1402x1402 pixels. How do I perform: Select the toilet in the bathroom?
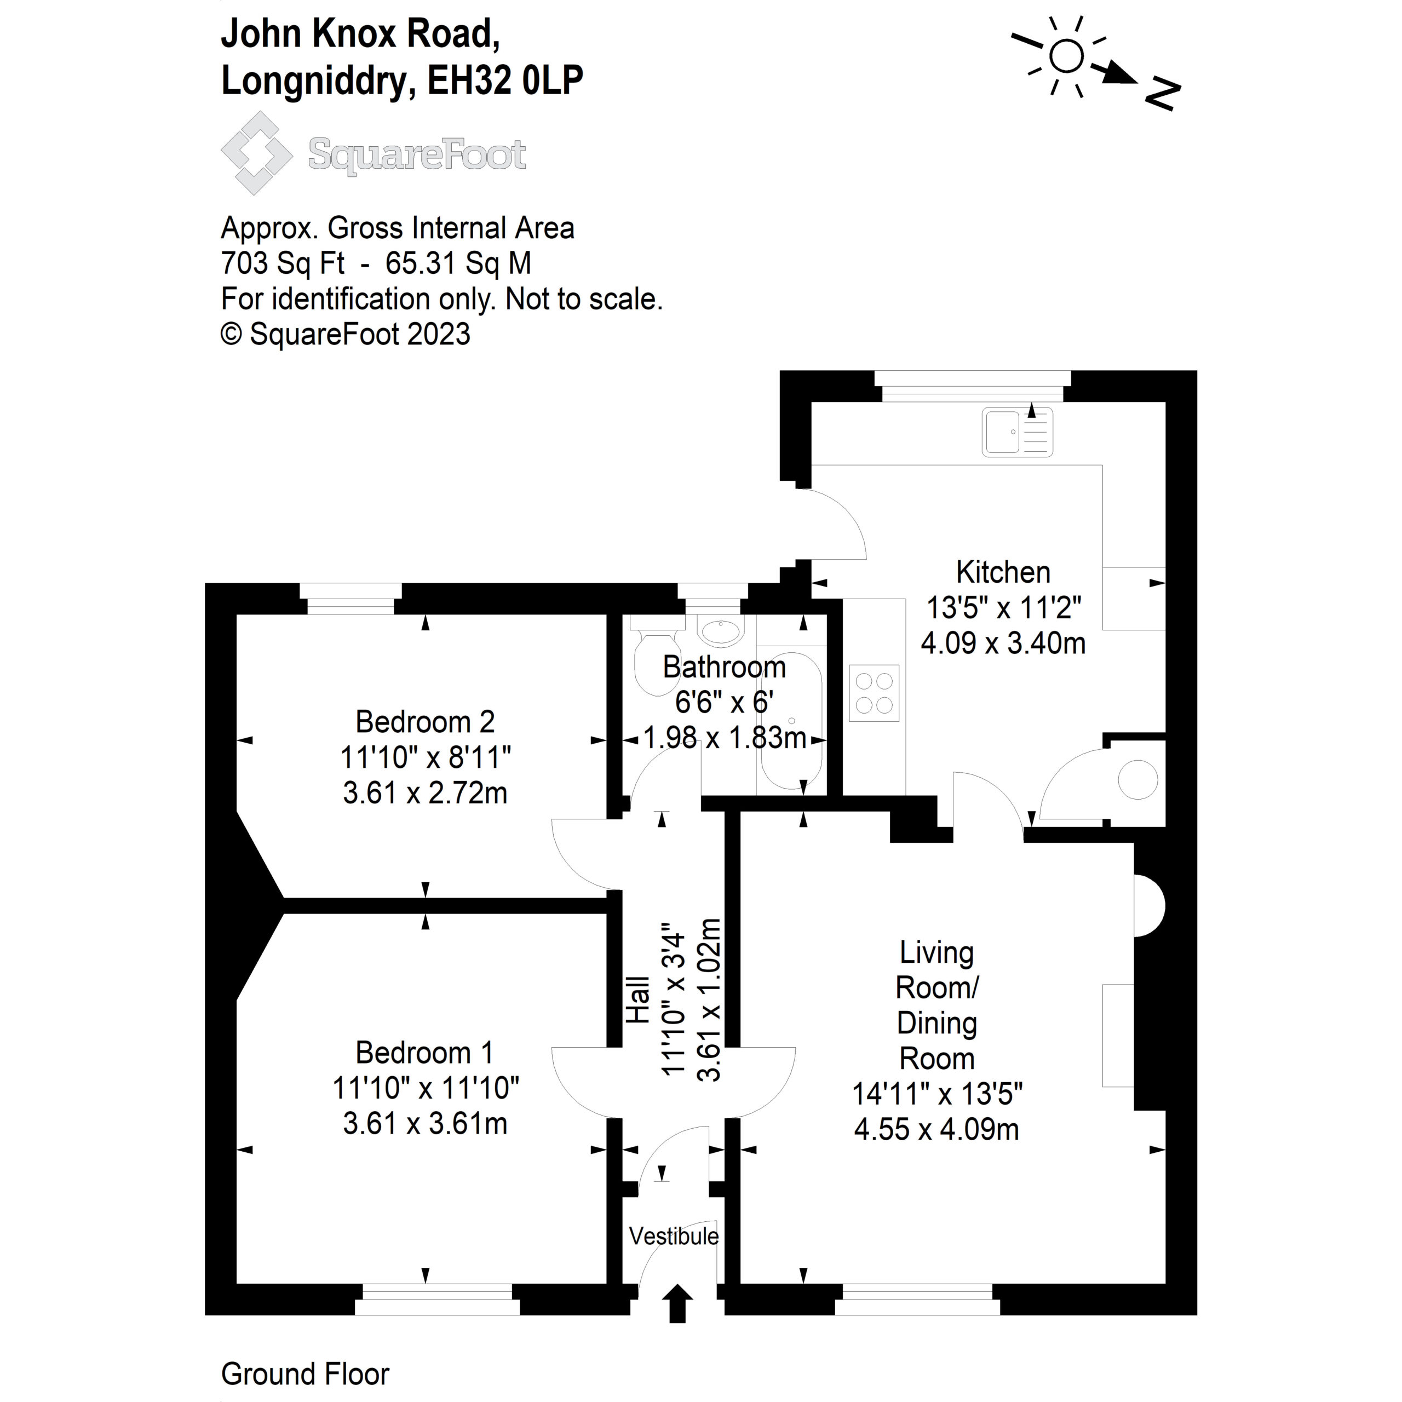[x=657, y=657]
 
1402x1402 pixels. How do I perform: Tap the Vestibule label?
[x=674, y=1236]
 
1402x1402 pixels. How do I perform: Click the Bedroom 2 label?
[x=424, y=722]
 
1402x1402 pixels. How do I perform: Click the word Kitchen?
[x=1003, y=572]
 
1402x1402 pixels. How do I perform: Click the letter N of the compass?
[x=1163, y=94]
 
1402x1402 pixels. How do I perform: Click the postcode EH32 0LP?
[x=504, y=81]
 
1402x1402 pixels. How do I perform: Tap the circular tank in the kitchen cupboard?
[x=1137, y=780]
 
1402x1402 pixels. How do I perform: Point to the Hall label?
[x=638, y=999]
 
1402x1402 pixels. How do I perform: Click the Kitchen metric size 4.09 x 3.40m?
[x=1003, y=643]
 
